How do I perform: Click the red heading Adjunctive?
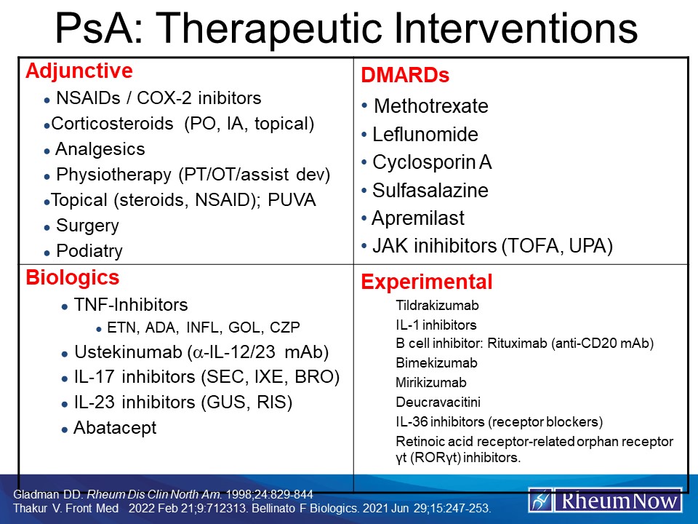[x=79, y=71]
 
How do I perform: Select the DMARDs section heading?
[x=405, y=76]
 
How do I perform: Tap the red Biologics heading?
[x=73, y=278]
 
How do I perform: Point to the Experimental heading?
[x=427, y=282]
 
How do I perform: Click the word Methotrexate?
[x=430, y=106]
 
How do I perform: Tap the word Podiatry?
[x=89, y=251]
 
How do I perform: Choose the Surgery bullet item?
[x=87, y=226]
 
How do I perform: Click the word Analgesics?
[x=100, y=149]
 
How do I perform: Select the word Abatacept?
[x=115, y=428]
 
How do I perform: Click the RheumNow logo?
[x=605, y=500]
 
